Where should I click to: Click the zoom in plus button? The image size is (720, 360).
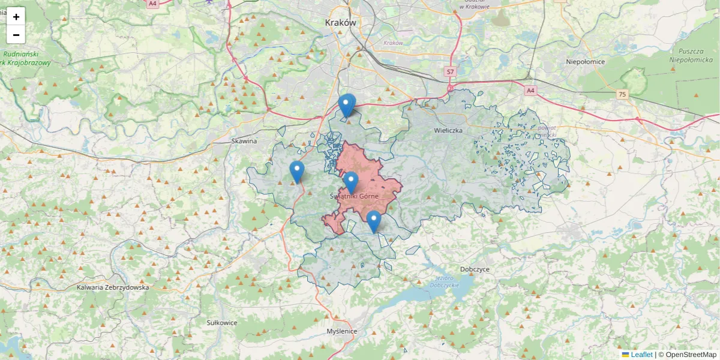(16, 17)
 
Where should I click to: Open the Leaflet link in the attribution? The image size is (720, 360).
(641, 355)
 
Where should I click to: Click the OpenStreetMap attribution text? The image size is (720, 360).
(690, 355)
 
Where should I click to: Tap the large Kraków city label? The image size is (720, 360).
(340, 22)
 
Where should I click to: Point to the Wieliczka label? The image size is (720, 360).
(448, 130)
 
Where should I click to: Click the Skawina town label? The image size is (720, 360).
(244, 141)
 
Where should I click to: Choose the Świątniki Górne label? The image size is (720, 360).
(354, 196)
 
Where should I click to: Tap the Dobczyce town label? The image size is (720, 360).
(475, 269)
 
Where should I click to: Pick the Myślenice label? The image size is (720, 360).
(342, 331)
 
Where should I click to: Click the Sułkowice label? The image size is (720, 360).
(222, 323)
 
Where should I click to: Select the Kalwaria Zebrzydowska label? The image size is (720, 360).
(113, 287)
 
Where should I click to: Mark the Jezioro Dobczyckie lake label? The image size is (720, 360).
(444, 281)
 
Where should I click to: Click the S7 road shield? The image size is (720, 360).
(451, 72)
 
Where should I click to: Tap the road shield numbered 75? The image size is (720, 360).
(623, 94)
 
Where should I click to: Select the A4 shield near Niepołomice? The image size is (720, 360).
(530, 91)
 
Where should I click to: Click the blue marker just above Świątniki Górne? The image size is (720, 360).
(350, 182)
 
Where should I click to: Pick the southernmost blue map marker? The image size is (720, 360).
(373, 221)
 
